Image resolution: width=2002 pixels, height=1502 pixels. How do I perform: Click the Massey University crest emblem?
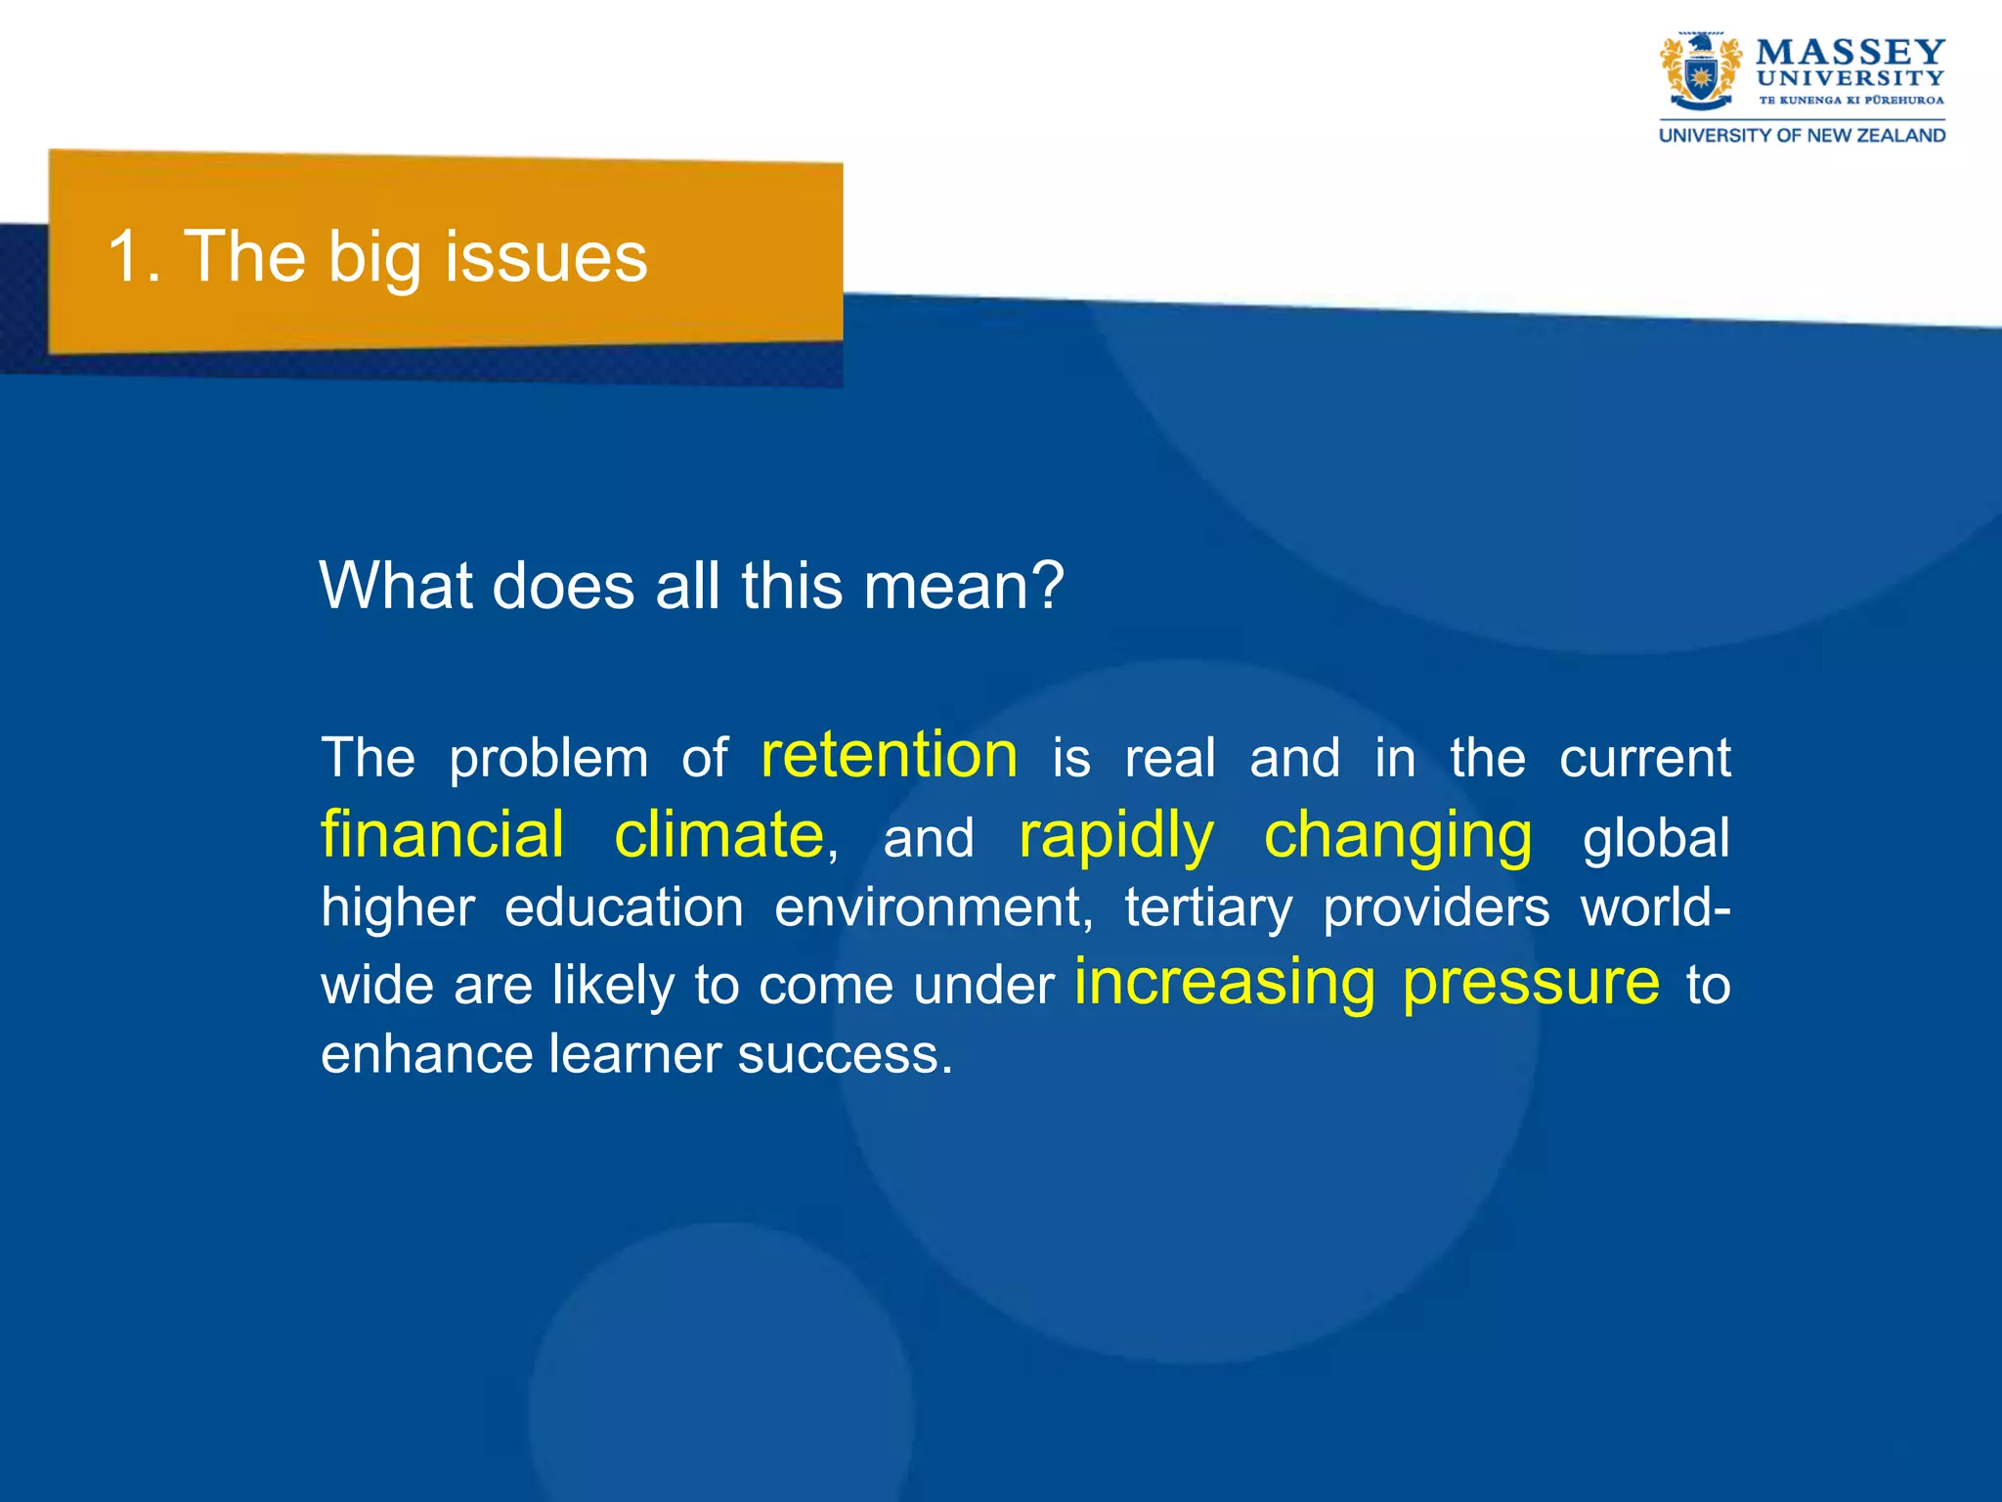pos(1701,73)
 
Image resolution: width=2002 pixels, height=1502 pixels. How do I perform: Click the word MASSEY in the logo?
pos(1850,52)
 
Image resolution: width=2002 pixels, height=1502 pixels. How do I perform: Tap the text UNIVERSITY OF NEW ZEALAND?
pos(1802,136)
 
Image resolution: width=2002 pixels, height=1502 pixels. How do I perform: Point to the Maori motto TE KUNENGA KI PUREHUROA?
pos(1850,101)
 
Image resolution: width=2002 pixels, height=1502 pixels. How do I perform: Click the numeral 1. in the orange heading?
pos(134,257)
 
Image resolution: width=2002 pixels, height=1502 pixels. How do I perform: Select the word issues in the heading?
pos(546,257)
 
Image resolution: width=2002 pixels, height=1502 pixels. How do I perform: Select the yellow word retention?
pos(889,755)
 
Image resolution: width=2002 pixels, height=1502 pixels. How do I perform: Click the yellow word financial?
pos(442,835)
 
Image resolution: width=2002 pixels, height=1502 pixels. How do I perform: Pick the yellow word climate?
pos(718,835)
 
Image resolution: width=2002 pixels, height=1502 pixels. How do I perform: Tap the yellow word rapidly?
pos(1115,837)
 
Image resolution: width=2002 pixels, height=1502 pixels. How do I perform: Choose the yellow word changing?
pos(1398,837)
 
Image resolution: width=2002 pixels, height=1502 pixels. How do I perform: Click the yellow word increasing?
pos(1225,982)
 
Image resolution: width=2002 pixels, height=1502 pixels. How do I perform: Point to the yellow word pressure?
pos(1531,984)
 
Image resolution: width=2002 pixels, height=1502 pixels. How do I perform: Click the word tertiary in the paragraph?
pos(1208,908)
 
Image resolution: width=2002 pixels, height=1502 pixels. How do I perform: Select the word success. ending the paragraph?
pos(845,1055)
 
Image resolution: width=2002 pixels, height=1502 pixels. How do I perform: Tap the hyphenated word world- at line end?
pos(1655,906)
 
